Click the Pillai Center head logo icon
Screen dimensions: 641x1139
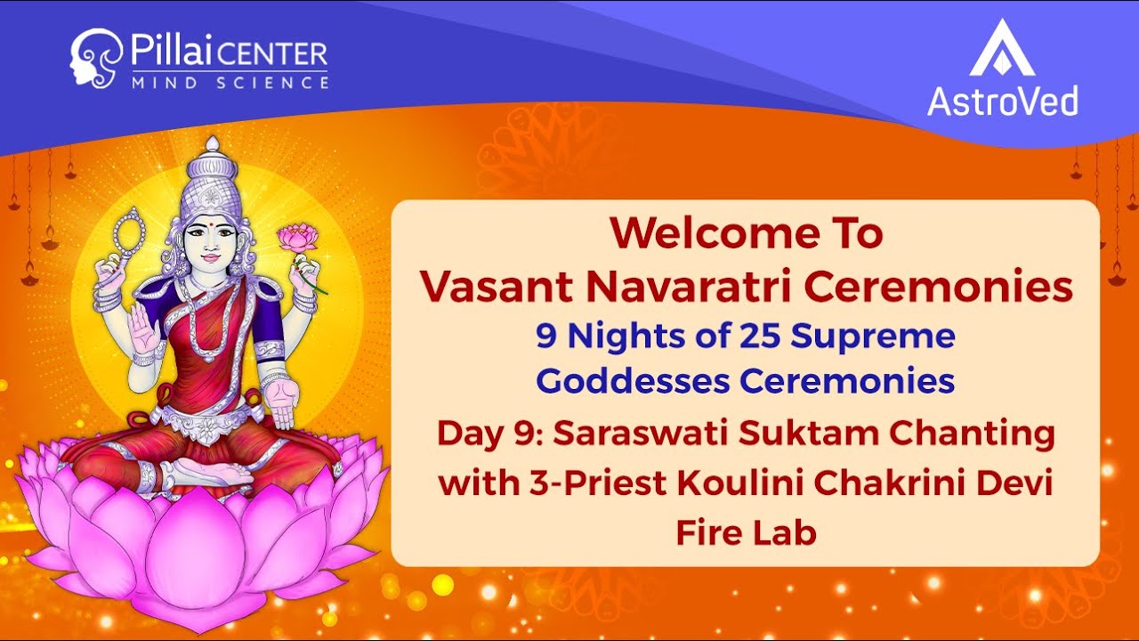95,58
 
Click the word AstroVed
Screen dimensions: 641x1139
1002,101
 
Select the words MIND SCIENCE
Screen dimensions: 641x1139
230,83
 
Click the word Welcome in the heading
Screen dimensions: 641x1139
703,234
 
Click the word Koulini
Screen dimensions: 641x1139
738,485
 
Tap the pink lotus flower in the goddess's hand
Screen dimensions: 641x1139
298,238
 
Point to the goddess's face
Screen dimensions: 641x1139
212,239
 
